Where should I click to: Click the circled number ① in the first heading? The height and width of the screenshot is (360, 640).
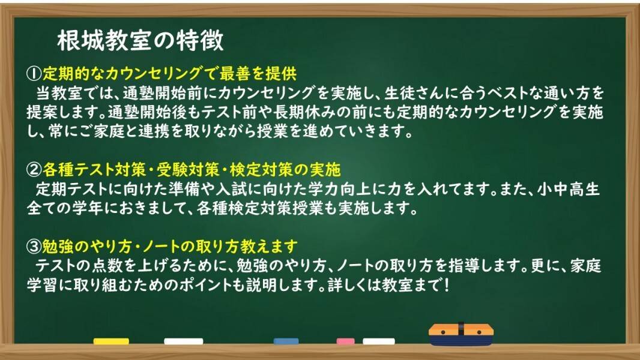tap(34, 74)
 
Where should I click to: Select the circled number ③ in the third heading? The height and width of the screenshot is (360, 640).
tap(34, 246)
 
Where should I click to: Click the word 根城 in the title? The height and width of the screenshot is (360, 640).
tap(81, 40)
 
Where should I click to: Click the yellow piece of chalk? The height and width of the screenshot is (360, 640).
tap(111, 341)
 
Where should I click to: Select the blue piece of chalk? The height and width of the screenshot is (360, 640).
tap(286, 341)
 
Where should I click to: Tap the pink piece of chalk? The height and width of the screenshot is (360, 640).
tap(345, 341)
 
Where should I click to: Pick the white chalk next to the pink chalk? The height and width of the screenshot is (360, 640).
tap(379, 341)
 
